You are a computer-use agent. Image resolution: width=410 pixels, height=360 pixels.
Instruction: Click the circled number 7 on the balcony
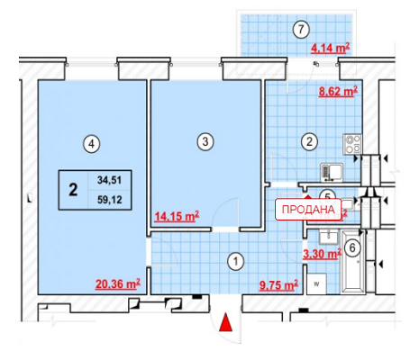[x=301, y=30]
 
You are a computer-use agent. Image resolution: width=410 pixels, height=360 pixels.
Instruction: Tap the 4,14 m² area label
[x=331, y=48]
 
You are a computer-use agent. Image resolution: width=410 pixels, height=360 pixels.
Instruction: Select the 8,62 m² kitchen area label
[x=338, y=91]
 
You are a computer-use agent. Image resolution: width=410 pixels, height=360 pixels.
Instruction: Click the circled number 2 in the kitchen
[x=309, y=141]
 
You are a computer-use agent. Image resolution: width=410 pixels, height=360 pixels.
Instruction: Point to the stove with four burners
[x=352, y=144]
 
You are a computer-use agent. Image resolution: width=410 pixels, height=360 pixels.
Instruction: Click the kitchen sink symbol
[x=332, y=173]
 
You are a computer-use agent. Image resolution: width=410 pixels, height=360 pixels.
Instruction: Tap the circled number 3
[x=205, y=141]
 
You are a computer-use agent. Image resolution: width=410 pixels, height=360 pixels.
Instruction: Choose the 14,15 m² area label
[x=177, y=216]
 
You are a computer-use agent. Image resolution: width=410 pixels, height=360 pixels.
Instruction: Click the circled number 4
[x=92, y=144]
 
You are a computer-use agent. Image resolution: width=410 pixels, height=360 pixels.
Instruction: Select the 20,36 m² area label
[x=118, y=283]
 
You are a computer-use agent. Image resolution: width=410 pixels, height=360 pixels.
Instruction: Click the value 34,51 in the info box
[x=109, y=180]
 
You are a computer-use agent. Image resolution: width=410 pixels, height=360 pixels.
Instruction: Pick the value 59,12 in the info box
[x=109, y=200]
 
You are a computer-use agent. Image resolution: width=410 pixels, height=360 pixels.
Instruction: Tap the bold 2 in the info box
[x=73, y=190]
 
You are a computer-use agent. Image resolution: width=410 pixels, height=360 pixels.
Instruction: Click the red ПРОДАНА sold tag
[x=308, y=209]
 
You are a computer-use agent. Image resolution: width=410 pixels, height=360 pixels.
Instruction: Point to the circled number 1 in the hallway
[x=236, y=261]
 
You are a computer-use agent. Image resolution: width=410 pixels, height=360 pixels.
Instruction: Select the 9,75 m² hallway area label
[x=278, y=285]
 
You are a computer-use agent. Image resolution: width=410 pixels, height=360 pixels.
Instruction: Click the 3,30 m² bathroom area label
[x=322, y=254]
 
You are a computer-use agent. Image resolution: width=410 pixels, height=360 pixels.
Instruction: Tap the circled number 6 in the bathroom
[x=352, y=247]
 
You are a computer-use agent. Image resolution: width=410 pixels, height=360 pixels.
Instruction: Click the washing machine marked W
[x=316, y=283]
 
